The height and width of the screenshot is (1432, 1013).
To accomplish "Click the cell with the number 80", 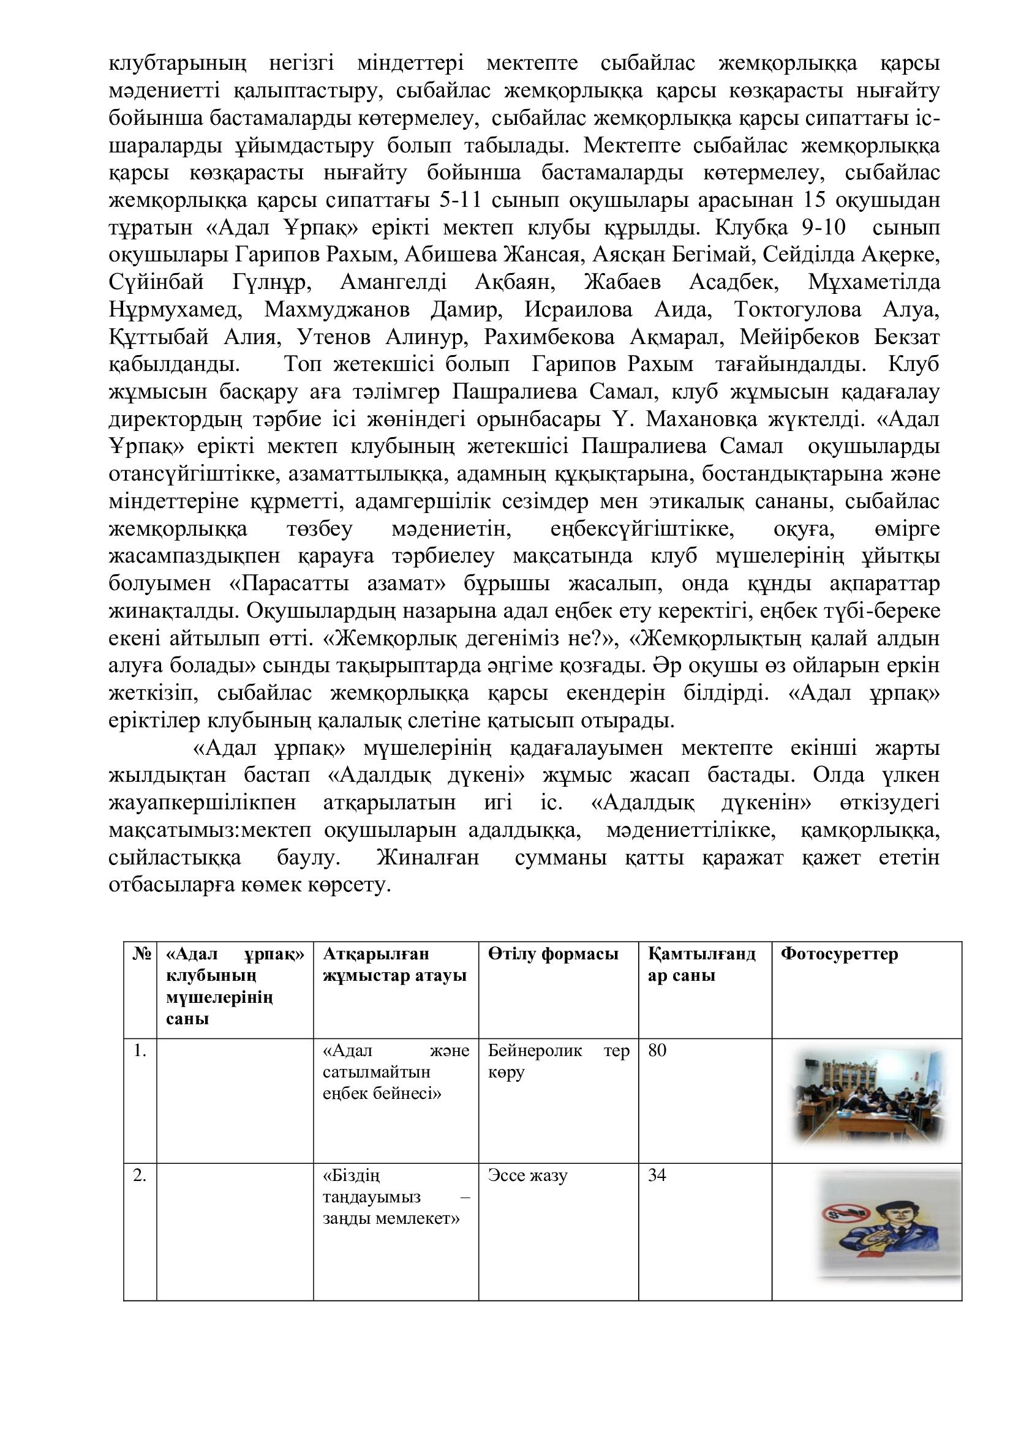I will tap(657, 1051).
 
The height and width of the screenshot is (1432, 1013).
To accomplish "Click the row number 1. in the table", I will tap(140, 1051).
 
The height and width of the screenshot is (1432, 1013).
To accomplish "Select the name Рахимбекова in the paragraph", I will tap(549, 337).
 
